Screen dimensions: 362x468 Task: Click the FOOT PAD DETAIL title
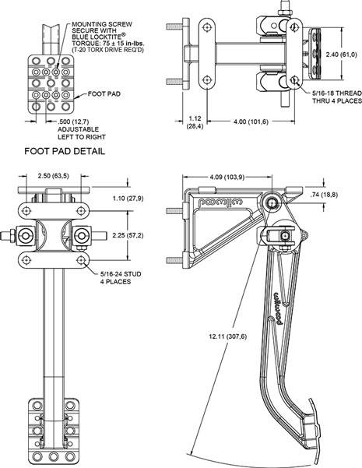click(x=65, y=151)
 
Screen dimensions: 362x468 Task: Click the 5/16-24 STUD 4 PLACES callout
click(x=121, y=278)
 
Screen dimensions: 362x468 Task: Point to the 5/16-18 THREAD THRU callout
click(x=337, y=97)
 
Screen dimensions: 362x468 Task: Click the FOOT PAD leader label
click(x=104, y=94)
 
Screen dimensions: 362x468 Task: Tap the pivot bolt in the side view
click(x=272, y=202)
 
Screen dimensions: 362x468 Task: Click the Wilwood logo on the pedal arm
click(x=278, y=308)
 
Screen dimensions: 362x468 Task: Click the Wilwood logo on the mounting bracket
click(x=221, y=202)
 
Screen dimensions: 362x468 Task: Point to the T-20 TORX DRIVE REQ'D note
click(x=107, y=50)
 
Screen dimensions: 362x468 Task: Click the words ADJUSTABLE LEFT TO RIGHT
click(x=82, y=133)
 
